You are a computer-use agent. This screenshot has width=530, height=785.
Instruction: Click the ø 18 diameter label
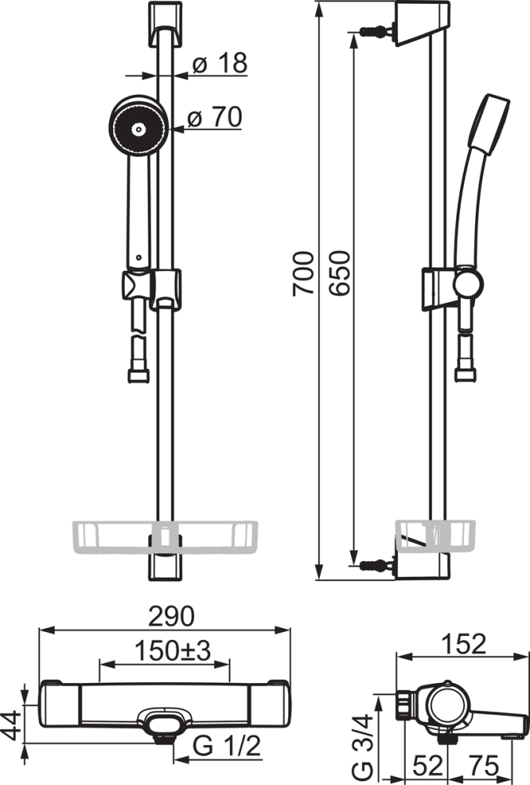[220, 63]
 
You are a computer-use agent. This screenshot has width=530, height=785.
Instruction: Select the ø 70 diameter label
[214, 117]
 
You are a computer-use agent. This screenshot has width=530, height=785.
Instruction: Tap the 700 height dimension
[304, 273]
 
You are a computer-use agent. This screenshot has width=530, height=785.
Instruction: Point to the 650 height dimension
[338, 273]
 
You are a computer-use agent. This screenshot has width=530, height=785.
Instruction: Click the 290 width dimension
[171, 616]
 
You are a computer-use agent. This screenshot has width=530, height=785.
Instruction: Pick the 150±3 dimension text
[172, 650]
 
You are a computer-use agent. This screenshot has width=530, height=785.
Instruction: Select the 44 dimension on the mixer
[11, 725]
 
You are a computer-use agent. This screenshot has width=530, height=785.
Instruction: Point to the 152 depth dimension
[463, 644]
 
